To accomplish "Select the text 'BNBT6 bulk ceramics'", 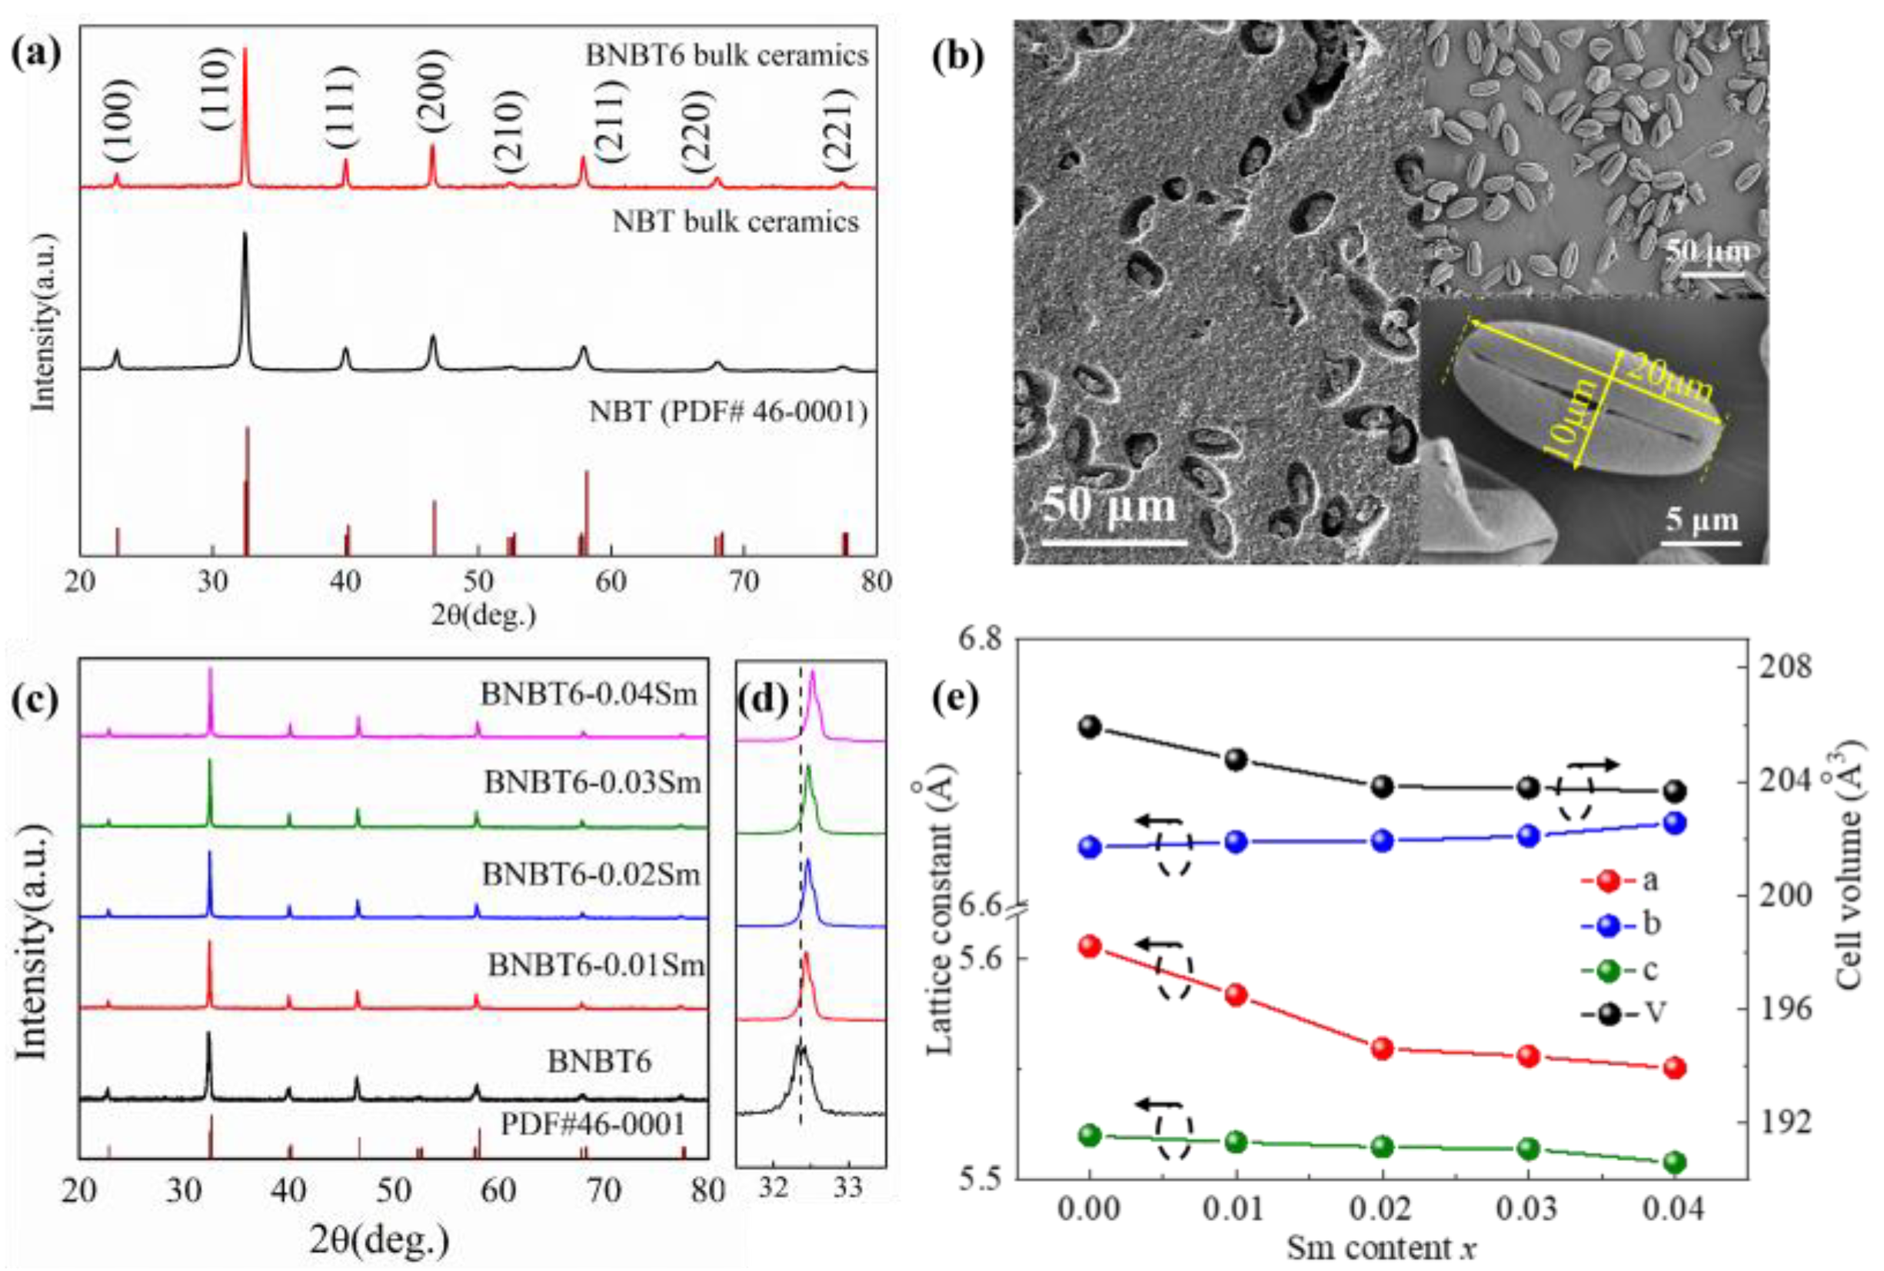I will [x=727, y=56].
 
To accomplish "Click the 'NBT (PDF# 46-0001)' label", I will [x=728, y=412].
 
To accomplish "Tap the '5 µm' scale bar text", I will [x=1703, y=519].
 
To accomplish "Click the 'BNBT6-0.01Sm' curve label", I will [x=596, y=966].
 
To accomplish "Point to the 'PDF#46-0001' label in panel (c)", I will [x=594, y=1124].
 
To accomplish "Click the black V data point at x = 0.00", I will [x=1090, y=727].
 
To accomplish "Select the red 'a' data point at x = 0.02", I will [x=1382, y=1049].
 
